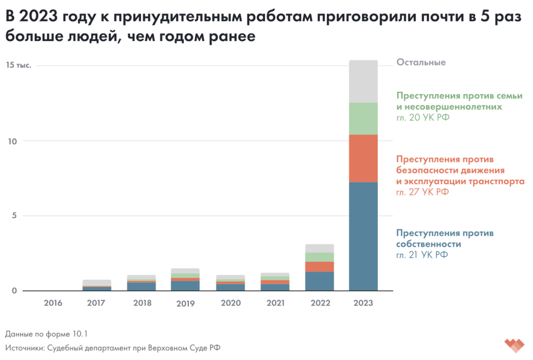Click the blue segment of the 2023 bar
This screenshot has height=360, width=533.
coord(363,236)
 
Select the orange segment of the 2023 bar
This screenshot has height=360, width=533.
coord(363,158)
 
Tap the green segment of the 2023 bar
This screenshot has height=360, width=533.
coord(363,118)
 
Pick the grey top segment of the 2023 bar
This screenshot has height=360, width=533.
coord(363,81)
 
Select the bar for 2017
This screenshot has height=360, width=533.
coord(97,285)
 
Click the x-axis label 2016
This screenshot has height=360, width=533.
coord(54,303)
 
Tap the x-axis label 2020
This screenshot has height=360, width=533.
coord(230,303)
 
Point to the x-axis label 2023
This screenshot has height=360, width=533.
coord(363,303)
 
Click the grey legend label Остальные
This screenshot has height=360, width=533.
coord(421,63)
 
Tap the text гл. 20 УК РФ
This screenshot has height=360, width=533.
coord(423,117)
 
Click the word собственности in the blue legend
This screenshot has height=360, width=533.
coord(429,244)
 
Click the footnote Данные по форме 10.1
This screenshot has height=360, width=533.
coord(43,333)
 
